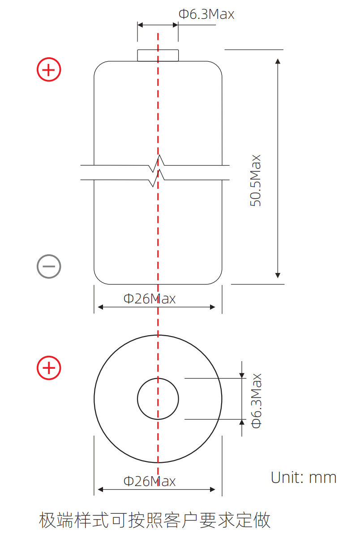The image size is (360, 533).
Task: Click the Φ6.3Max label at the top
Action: (206, 14)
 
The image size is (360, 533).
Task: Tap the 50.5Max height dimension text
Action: (256, 180)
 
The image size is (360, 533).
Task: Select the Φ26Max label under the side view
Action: (150, 299)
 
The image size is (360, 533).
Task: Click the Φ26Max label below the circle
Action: (150, 481)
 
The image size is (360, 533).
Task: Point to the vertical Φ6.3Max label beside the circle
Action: (256, 401)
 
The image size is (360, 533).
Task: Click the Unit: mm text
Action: (304, 478)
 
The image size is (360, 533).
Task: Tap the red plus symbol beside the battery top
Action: (49, 70)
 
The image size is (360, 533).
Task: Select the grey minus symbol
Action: (49, 266)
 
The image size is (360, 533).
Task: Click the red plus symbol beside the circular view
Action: (49, 368)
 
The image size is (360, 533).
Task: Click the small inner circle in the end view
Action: (158, 378)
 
